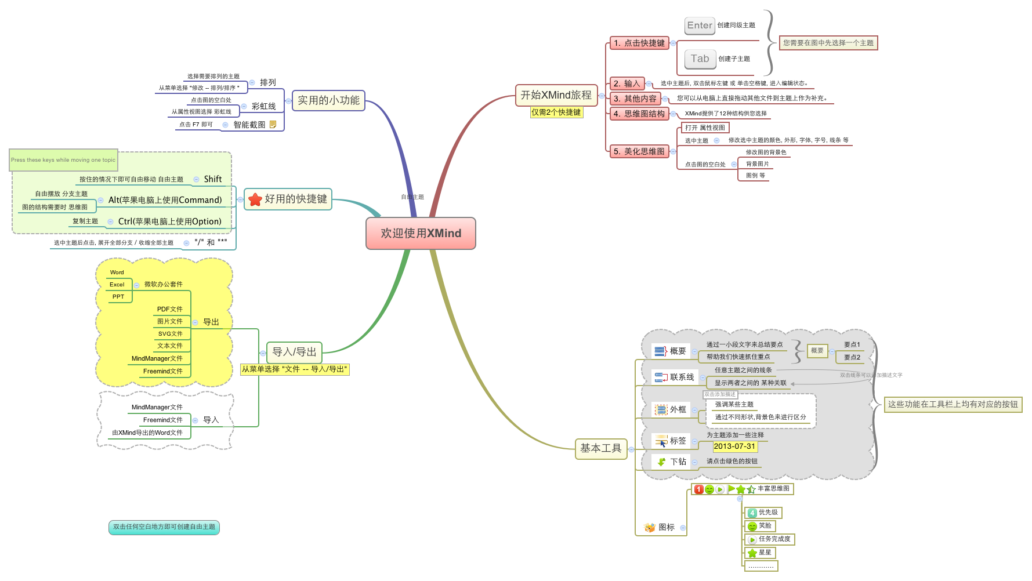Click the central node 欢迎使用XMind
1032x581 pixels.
click(x=421, y=233)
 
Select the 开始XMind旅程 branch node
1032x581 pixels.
click(x=556, y=95)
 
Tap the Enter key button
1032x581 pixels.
click(x=699, y=26)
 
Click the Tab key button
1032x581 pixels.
click(x=700, y=59)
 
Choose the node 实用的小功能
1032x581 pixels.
click(x=328, y=100)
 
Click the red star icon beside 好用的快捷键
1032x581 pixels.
click(x=255, y=199)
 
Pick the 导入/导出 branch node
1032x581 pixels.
click(x=294, y=352)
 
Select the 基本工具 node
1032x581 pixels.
click(x=600, y=448)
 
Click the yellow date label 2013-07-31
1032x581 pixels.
click(x=734, y=446)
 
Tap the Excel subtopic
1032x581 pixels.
click(x=117, y=285)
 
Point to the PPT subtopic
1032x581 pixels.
click(x=118, y=297)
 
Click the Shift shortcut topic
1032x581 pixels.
click(x=212, y=179)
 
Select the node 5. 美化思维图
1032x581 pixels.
click(x=639, y=151)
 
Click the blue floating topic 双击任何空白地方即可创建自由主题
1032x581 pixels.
click(x=164, y=527)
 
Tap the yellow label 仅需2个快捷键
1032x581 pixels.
click(x=556, y=112)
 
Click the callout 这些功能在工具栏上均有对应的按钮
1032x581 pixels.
click(x=953, y=404)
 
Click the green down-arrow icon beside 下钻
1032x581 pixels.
click(x=661, y=462)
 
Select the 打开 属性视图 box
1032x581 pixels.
click(x=705, y=128)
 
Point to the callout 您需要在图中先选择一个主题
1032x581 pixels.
click(x=828, y=43)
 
